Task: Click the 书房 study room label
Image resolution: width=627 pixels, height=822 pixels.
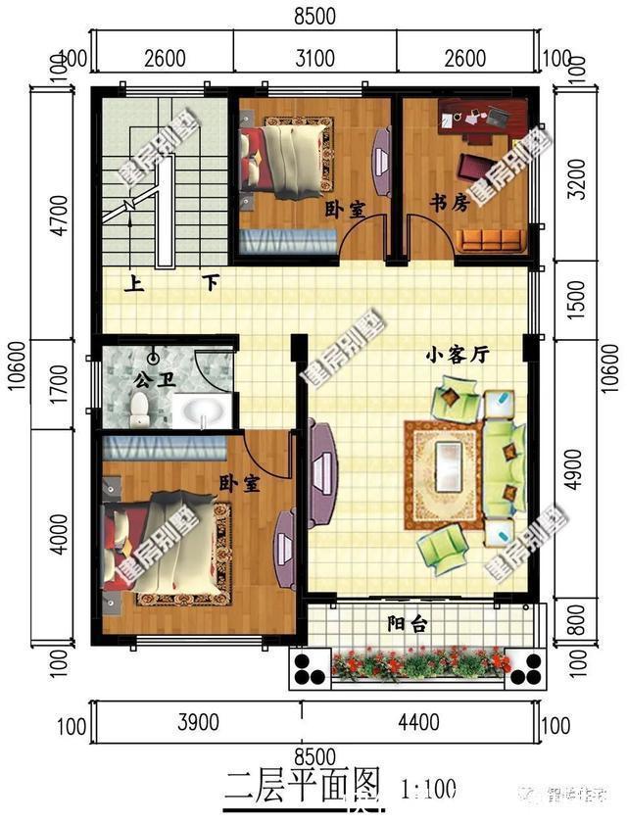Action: (450, 203)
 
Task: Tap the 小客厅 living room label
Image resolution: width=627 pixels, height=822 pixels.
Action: (457, 357)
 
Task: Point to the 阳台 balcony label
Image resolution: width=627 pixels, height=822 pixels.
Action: (406, 623)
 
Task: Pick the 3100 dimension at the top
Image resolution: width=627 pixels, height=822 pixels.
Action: (314, 57)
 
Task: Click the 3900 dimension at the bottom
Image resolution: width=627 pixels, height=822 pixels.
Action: (198, 724)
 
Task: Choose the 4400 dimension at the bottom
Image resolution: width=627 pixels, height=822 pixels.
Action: (417, 724)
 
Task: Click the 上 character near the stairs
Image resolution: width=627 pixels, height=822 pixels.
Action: (133, 284)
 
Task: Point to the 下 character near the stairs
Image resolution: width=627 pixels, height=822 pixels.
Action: (210, 284)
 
